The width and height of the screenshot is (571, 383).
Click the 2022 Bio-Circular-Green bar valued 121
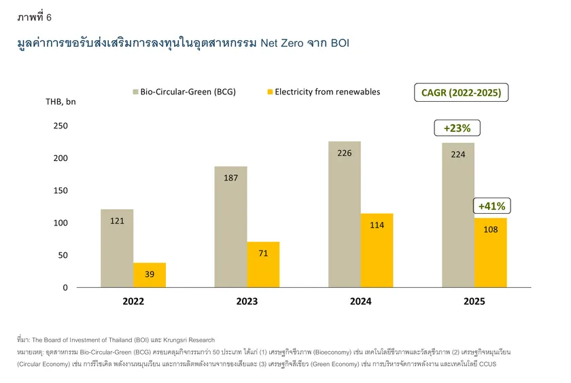pos(117,248)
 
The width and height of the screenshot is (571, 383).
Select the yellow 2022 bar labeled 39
pos(150,275)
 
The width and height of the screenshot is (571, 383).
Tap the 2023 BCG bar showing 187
pos(230,227)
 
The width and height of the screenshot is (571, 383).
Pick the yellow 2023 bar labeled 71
pos(263,265)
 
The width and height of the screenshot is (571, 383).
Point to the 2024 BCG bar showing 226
pos(345,214)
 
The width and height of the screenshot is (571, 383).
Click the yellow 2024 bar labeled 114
pos(377,251)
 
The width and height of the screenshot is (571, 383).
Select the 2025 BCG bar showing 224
pos(458,215)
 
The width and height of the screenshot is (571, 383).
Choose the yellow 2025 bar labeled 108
pos(491,253)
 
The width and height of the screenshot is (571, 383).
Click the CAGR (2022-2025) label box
pos(461,93)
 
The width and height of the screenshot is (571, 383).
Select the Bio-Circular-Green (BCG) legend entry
pos(184,92)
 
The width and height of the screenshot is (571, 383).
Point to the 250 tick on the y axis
pos(60,126)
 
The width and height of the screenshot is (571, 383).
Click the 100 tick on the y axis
pos(60,223)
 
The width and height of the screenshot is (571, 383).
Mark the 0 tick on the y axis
pos(65,288)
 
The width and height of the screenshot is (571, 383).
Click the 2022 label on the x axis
pos(133,302)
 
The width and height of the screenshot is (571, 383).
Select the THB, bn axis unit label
pos(60,103)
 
